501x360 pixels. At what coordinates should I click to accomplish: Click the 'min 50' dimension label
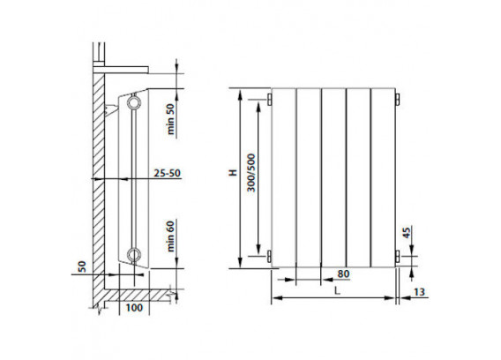[171, 119]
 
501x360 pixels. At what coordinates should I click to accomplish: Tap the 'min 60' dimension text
[171, 236]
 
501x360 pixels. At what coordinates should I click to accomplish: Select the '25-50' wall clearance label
[167, 173]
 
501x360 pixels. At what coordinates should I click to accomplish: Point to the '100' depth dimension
[134, 308]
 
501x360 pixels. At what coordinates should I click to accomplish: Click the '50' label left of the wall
[82, 266]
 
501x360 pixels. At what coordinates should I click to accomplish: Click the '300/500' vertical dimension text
[251, 173]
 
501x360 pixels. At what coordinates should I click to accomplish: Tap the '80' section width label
[343, 274]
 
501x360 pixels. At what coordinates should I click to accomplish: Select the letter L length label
[338, 290]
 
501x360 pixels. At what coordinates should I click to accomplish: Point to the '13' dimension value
[420, 292]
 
